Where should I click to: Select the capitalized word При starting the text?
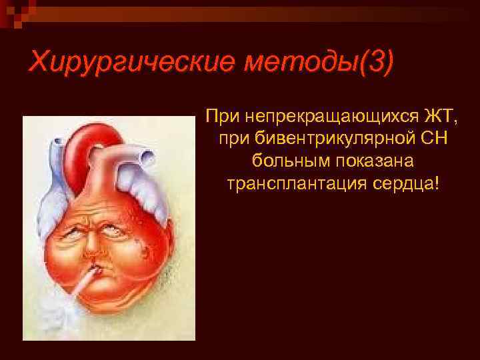coord(221,118)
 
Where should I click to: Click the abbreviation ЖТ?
coord(438,118)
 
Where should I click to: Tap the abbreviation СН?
coord(435,139)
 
